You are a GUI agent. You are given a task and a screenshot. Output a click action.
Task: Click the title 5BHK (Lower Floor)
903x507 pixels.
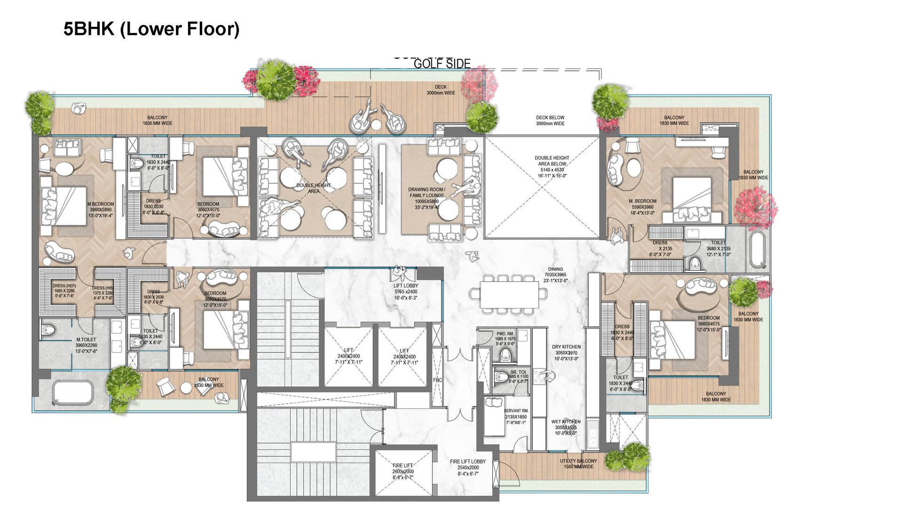click(151, 29)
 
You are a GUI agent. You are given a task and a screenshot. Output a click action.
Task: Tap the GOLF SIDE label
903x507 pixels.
click(442, 64)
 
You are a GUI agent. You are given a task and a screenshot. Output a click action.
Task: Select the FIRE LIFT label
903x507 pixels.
click(403, 466)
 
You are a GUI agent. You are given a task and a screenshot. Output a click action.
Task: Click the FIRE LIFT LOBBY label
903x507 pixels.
click(467, 462)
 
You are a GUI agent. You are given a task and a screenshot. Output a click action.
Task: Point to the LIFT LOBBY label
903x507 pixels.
click(405, 286)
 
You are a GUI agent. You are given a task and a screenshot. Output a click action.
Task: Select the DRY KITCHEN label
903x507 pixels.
click(566, 347)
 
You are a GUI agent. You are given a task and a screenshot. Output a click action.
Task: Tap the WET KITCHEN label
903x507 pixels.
click(566, 422)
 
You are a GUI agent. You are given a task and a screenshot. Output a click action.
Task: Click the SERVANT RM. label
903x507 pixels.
click(516, 411)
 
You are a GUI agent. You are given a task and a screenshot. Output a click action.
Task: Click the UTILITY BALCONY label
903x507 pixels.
click(578, 461)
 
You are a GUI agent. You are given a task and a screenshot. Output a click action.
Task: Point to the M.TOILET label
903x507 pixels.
click(86, 340)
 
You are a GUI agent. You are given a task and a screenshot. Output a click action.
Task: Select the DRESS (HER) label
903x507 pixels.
click(64, 286)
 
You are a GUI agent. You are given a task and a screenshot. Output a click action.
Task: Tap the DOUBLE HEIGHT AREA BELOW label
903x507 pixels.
click(552, 161)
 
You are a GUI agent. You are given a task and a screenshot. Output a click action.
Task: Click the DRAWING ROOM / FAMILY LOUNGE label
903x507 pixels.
click(427, 193)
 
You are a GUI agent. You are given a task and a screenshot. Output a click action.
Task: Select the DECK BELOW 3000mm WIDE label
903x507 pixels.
click(550, 121)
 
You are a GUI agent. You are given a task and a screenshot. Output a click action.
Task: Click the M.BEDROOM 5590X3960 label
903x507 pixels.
click(642, 201)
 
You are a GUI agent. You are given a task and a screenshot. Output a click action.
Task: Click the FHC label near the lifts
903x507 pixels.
click(437, 380)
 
